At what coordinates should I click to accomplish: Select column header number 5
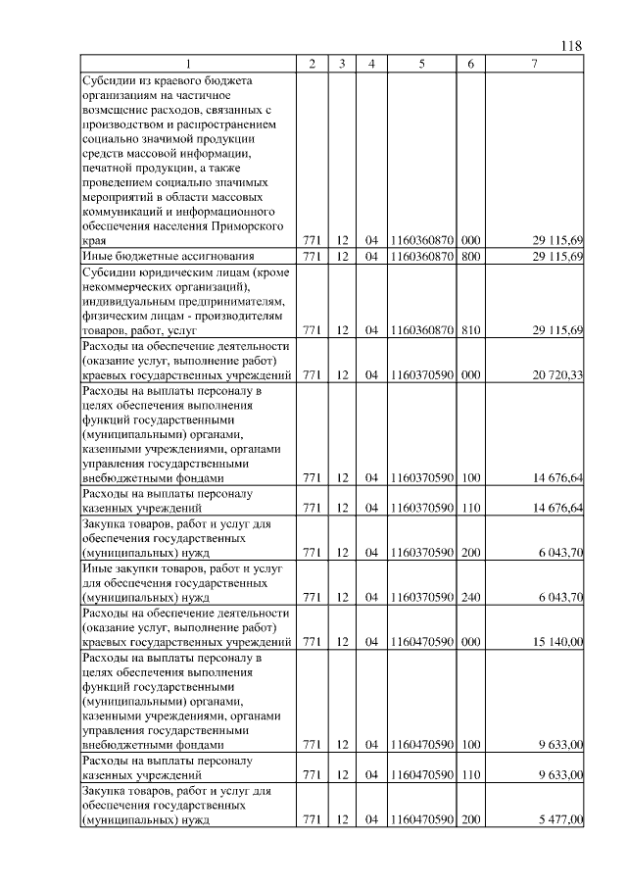point(421,64)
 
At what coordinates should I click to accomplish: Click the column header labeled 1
point(189,64)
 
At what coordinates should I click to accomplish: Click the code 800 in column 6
point(470,257)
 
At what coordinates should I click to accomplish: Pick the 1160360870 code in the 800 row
point(421,257)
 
